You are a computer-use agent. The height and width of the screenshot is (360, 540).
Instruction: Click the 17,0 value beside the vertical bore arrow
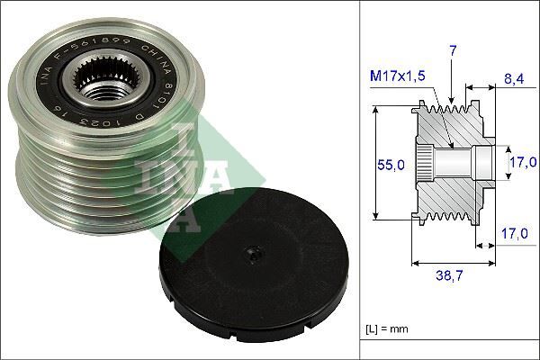pos(521,162)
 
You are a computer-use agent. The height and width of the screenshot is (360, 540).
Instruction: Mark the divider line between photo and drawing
pos(359,180)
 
